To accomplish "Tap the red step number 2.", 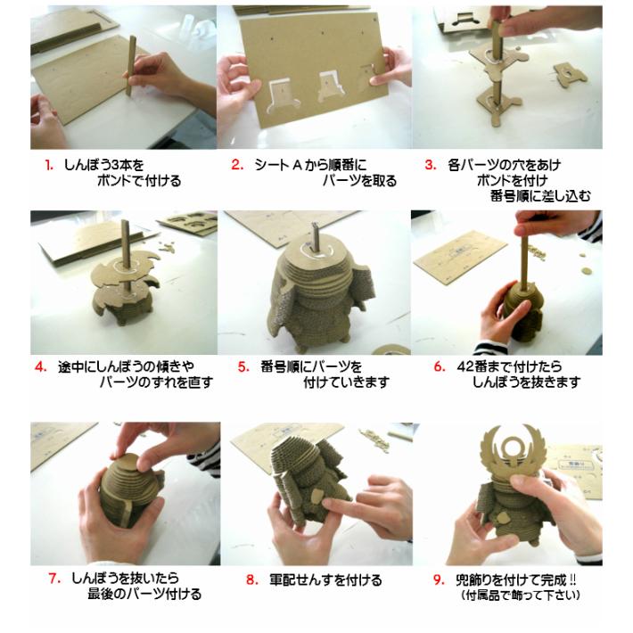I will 236,164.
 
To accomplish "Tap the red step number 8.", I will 251,580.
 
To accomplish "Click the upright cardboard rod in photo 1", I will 133,66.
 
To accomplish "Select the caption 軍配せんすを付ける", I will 325,580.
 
